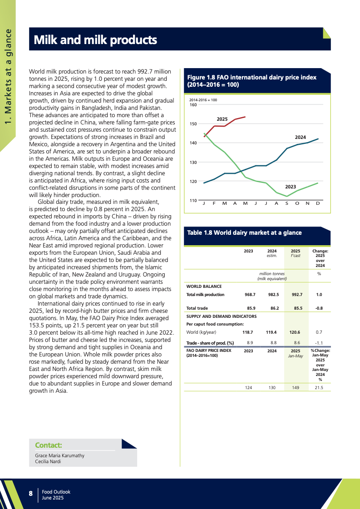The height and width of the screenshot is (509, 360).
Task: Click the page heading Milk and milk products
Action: coord(95,40)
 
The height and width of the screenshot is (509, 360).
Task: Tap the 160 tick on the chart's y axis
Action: coord(193,105)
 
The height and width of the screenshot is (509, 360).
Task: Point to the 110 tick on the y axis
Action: coord(193,200)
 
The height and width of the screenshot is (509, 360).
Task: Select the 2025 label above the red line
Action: coord(222,119)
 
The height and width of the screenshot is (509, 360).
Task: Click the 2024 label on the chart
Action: coord(300,137)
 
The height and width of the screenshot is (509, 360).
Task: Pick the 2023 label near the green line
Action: coord(291,187)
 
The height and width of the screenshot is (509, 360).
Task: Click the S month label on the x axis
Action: coord(286,203)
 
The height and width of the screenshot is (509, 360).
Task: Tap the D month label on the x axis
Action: coord(317,203)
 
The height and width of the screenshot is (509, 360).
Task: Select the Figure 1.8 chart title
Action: coord(252,81)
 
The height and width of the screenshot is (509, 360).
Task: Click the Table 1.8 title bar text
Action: coord(244,232)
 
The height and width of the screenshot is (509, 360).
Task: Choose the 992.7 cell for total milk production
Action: coord(297,295)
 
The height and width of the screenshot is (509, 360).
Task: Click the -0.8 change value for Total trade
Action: coord(319,308)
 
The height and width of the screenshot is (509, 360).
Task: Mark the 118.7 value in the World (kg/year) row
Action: coord(248,332)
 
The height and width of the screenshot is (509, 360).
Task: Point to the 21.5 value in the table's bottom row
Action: coord(319,388)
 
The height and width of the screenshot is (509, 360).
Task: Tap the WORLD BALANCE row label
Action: coord(204,287)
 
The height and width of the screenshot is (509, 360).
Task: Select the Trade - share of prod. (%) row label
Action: coord(210,343)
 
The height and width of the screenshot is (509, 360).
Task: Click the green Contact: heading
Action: coord(49,445)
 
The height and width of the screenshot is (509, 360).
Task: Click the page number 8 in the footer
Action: coord(30,494)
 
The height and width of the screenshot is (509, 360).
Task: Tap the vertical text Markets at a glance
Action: coord(8,73)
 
